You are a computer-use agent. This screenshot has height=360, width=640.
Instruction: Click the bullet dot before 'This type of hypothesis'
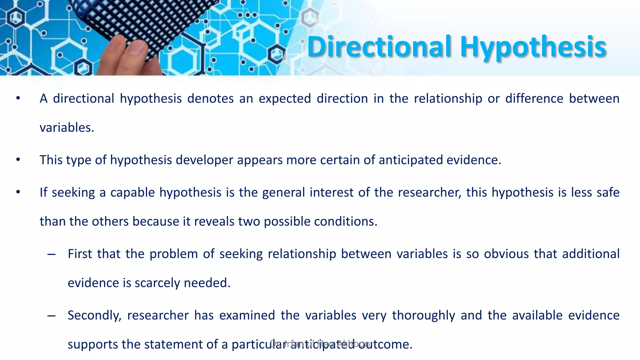18,160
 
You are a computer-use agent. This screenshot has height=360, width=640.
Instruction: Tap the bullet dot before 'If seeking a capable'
18,192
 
